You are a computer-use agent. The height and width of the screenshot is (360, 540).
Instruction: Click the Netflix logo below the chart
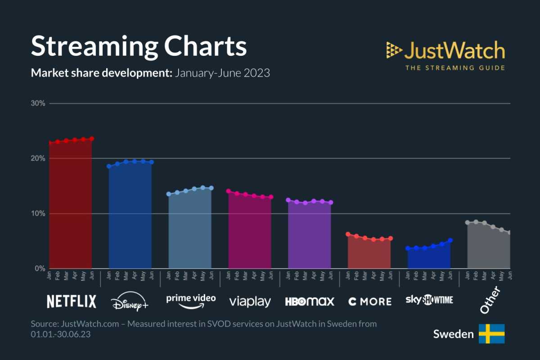72,301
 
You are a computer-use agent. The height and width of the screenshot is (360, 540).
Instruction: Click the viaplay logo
250,301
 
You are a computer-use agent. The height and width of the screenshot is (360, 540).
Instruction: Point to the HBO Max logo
310,301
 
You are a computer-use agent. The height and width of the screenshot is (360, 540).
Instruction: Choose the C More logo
370,301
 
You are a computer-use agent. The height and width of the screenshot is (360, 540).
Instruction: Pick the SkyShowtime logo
429,300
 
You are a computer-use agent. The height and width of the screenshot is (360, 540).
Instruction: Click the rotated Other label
490,301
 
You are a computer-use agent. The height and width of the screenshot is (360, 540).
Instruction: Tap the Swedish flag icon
491,334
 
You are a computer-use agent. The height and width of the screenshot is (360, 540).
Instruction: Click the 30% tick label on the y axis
38,103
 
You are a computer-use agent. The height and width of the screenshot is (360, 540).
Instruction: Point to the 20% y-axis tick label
38,158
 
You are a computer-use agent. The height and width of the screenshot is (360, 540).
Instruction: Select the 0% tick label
40,269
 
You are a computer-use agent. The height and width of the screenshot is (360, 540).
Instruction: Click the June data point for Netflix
92,139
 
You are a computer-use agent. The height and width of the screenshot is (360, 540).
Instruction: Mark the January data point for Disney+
109,166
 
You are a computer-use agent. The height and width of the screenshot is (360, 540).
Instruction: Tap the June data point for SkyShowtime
450,240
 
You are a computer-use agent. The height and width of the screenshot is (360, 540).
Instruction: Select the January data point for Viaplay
228,191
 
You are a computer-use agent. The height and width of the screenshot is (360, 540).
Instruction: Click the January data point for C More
348,234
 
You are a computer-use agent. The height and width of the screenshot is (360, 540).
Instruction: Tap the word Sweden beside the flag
453,334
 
